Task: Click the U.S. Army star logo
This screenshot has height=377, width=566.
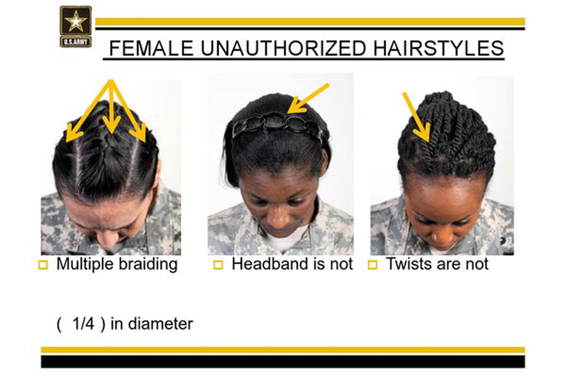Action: [76, 26]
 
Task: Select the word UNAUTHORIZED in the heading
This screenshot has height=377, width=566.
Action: [283, 48]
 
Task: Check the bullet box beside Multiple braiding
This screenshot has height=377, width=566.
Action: [43, 266]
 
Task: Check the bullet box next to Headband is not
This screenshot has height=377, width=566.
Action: [218, 266]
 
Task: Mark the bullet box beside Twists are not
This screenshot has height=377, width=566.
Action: [373, 266]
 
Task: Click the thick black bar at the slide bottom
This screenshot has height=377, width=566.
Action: [283, 362]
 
